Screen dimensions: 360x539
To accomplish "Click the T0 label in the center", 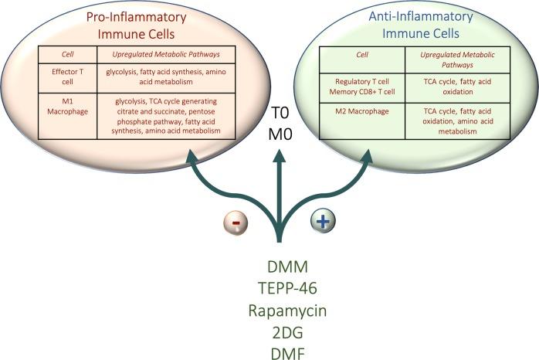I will [280, 113].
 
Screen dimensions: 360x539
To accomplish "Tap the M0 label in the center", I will [280, 136].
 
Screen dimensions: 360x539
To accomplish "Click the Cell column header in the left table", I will [66, 55].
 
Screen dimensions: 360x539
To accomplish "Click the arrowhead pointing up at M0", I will [279, 155].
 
